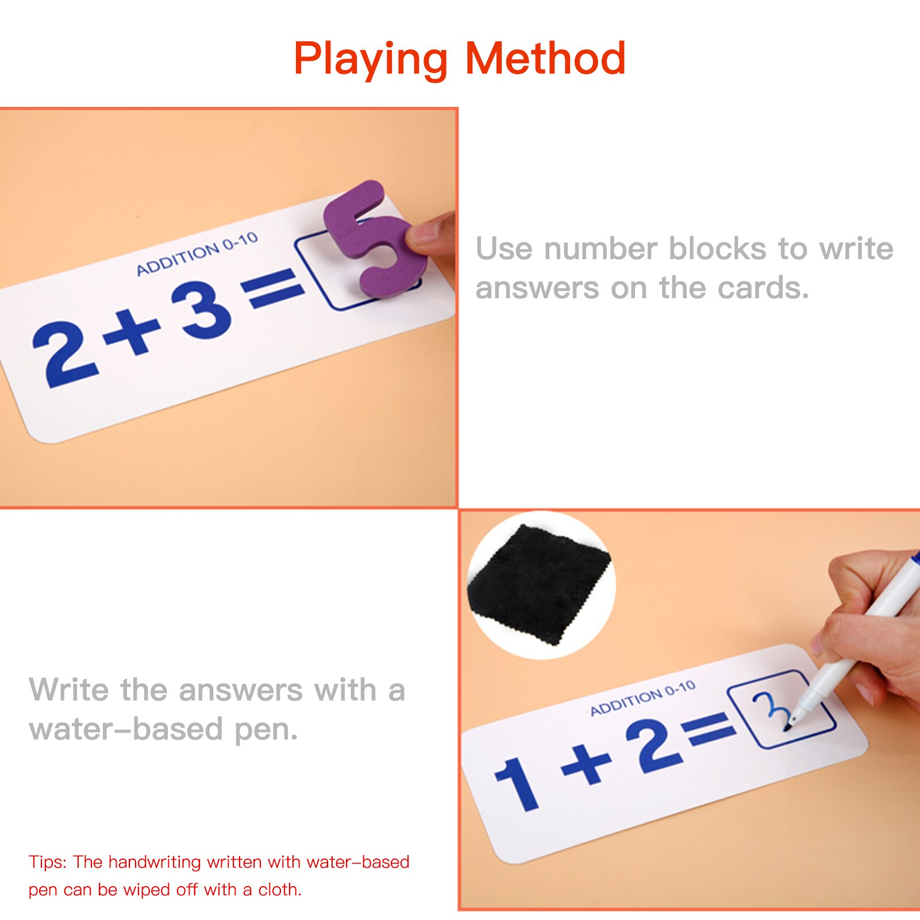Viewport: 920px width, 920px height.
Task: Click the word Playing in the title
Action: [370, 59]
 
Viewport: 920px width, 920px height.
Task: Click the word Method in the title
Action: [545, 59]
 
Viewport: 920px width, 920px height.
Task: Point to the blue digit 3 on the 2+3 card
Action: [202, 310]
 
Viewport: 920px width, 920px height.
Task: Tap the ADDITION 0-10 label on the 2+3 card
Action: [197, 254]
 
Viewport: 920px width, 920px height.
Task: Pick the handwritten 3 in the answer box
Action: [770, 710]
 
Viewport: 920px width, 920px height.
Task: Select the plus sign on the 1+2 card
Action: [586, 764]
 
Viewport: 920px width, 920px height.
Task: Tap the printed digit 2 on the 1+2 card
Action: [659, 746]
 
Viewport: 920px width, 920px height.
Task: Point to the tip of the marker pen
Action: [788, 728]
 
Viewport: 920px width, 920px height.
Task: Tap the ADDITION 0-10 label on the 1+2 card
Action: [642, 698]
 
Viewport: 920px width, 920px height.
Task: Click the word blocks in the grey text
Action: [717, 249]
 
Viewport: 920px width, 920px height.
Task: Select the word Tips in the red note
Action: [47, 862]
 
